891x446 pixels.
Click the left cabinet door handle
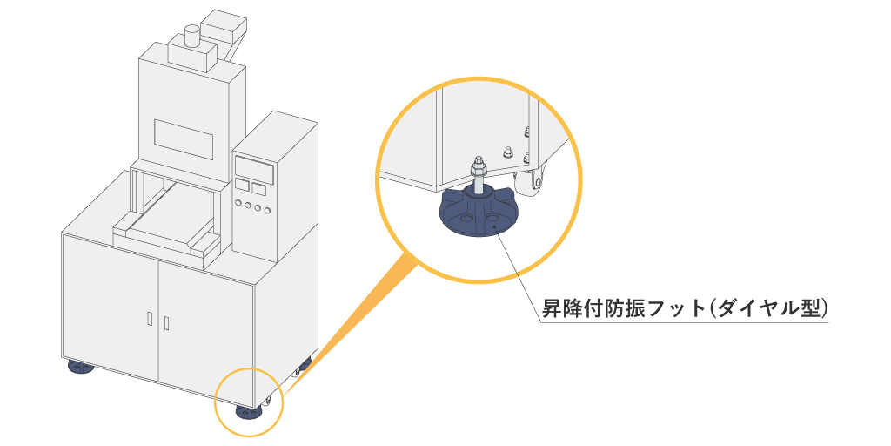click(149, 319)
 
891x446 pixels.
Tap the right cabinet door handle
click(166, 324)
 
